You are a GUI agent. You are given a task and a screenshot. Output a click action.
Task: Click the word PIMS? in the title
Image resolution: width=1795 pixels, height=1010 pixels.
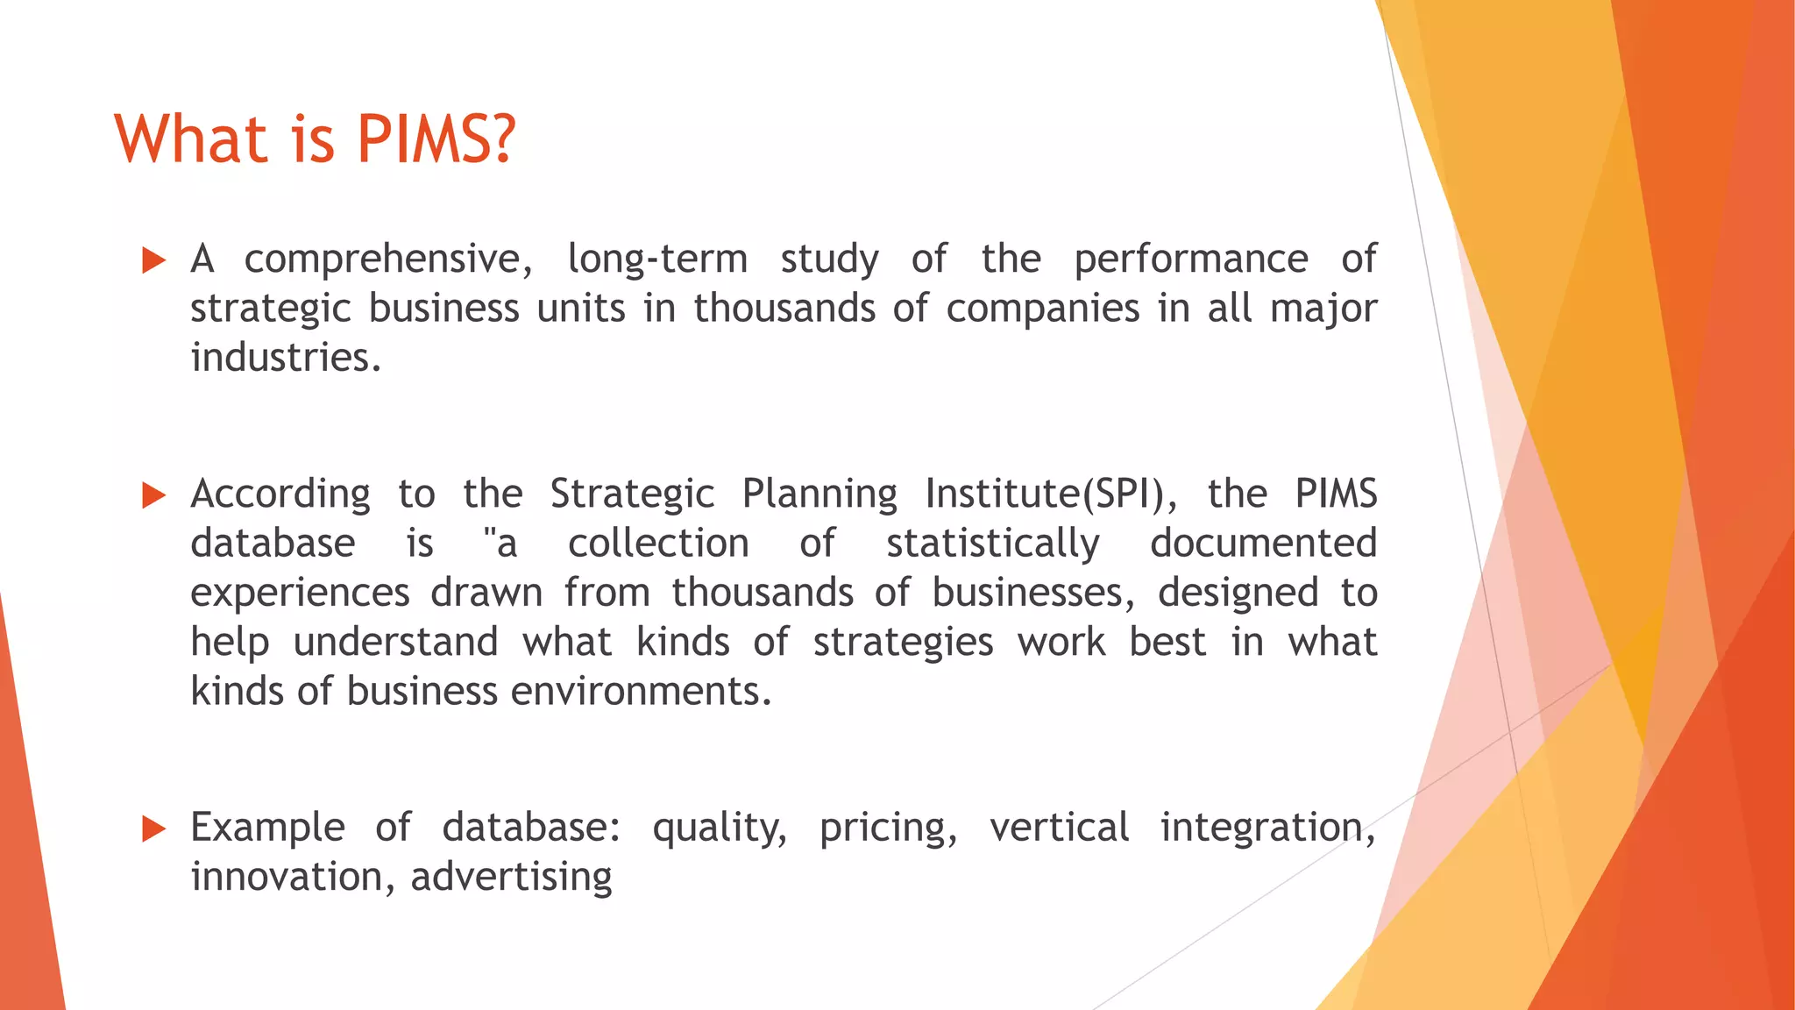point(436,140)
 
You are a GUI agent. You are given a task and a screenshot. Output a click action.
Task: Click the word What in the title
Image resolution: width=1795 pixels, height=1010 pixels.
point(190,140)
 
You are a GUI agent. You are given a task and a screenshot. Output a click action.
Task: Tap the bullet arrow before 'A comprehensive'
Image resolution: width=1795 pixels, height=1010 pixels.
point(153,260)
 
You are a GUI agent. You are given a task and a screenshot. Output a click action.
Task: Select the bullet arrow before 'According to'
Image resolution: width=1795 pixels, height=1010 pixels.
point(153,495)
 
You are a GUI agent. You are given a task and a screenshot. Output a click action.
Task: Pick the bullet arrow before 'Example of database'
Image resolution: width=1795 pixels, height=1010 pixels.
point(153,829)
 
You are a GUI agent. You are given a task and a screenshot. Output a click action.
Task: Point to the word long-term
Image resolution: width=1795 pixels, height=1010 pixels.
point(657,260)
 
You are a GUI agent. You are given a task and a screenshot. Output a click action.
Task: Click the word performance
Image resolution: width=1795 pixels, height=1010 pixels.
point(1191,260)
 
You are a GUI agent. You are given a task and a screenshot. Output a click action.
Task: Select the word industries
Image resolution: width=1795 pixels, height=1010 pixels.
point(286,358)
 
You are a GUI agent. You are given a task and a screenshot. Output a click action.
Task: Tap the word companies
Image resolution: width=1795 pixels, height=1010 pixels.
point(1043,309)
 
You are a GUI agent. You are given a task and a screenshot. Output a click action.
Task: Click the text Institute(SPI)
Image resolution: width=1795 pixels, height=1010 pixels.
point(1051,494)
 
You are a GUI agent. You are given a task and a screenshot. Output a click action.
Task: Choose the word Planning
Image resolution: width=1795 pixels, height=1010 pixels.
point(819,494)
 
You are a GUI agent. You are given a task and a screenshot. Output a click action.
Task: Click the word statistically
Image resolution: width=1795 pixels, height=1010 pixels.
point(992,544)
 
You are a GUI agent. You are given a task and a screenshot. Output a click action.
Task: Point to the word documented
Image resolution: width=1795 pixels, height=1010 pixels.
point(1263,544)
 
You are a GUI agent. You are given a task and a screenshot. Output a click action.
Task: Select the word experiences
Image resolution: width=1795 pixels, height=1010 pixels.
point(300,594)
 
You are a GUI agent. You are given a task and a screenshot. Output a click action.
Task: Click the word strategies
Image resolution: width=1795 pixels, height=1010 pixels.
point(903,643)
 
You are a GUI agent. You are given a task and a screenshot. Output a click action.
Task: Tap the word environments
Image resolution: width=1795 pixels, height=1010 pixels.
point(641,692)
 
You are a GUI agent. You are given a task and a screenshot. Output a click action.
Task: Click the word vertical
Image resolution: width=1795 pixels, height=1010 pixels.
point(1059,828)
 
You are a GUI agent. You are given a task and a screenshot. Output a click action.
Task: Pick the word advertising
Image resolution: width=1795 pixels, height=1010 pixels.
point(511,877)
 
